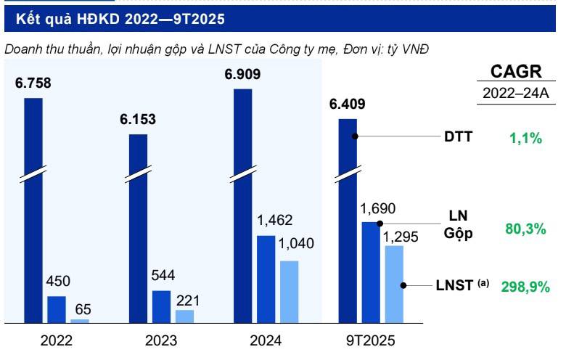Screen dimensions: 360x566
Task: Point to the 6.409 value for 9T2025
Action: (347, 104)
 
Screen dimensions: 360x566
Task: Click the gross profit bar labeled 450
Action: (57, 308)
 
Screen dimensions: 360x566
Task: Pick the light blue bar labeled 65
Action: (80, 320)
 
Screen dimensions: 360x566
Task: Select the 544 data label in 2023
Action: (163, 276)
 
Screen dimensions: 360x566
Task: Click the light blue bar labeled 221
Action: (184, 316)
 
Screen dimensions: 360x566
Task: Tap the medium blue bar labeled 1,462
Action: (266, 279)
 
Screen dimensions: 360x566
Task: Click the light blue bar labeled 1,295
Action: (393, 284)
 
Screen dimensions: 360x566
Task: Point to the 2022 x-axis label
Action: (57, 340)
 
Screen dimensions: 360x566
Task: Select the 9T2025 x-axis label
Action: (370, 340)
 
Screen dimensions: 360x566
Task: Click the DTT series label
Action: (459, 136)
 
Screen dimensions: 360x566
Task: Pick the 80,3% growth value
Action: (525, 229)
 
